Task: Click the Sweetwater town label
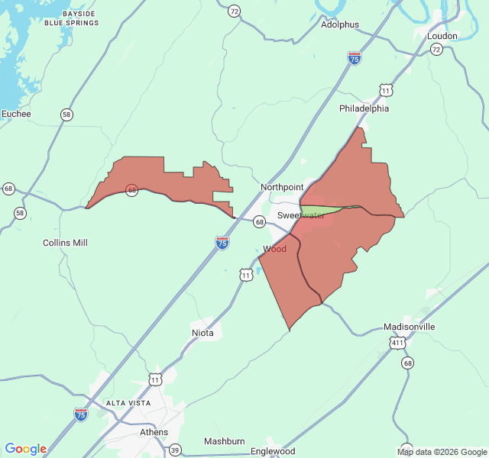click(300, 216)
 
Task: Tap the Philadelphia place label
click(364, 108)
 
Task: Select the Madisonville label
click(409, 327)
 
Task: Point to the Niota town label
click(202, 333)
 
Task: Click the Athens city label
click(154, 432)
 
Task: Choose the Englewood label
click(273, 451)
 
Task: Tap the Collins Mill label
click(65, 243)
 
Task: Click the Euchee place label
click(16, 114)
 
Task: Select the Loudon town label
click(442, 36)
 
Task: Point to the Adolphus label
click(339, 24)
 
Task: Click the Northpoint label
click(281, 187)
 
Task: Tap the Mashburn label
click(224, 441)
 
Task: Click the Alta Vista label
click(128, 402)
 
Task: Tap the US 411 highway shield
click(397, 344)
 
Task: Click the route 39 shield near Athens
click(175, 450)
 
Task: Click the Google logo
click(25, 449)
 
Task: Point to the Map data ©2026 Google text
click(442, 452)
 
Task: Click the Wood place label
click(274, 249)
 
